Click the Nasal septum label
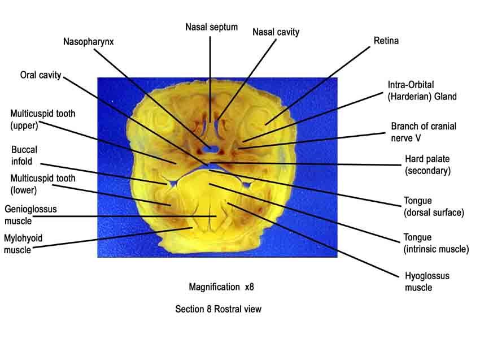pyautogui.click(x=212, y=27)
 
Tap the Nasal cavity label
pyautogui.click(x=276, y=32)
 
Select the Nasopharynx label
pyautogui.click(x=88, y=42)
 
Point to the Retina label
pyautogui.click(x=386, y=41)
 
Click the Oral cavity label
pyautogui.click(x=41, y=75)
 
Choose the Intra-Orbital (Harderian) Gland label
pyautogui.click(x=422, y=90)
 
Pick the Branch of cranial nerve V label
pyautogui.click(x=424, y=132)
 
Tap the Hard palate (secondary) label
pyautogui.click(x=427, y=165)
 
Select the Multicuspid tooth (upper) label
pyautogui.click(x=42, y=119)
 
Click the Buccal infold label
pyautogui.click(x=24, y=155)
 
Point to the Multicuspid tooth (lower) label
pyautogui.click(x=43, y=184)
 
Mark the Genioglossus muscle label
pyautogui.click(x=30, y=215)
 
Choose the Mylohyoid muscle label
pyautogui.click(x=23, y=244)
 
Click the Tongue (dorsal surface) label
pyautogui.click(x=434, y=206)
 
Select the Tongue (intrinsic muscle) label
pyautogui.click(x=436, y=243)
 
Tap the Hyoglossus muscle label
pyautogui.click(x=427, y=281)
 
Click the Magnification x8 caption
pyautogui.click(x=221, y=287)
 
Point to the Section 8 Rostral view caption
pyautogui.click(x=219, y=309)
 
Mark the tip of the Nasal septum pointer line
pyautogui.click(x=210, y=122)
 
